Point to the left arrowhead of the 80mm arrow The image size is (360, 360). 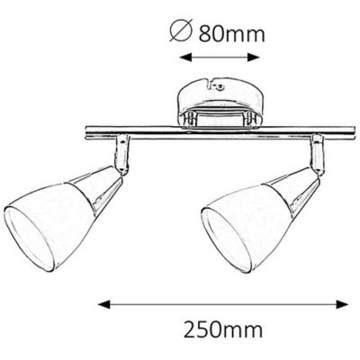tap(184, 58)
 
